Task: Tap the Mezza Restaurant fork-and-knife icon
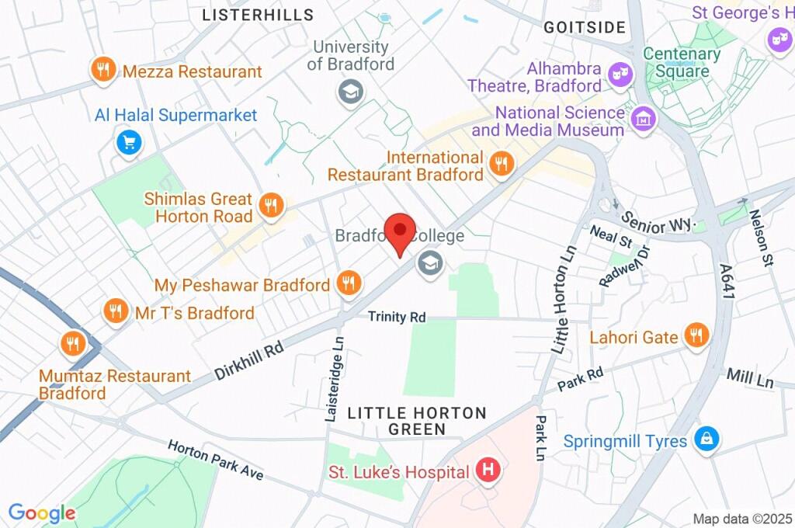102,71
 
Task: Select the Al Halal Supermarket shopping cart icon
128,142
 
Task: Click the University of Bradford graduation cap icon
350,92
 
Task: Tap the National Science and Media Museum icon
644,119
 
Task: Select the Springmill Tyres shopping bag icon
706,439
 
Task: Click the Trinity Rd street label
397,317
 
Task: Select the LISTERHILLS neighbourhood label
258,15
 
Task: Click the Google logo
42,513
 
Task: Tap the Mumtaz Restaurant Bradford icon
74,342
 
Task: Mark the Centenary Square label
682,63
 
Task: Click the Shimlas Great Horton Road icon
271,205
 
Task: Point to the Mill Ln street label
750,379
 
